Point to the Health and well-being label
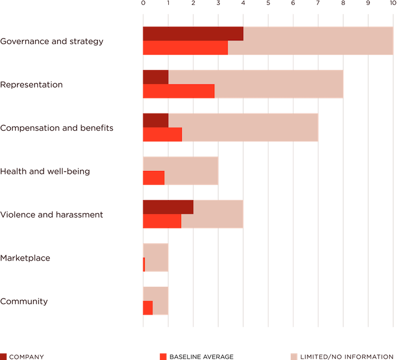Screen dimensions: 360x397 (x=45, y=171)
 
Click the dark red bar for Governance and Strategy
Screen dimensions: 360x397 (x=192, y=34)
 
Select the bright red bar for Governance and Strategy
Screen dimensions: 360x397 (x=185, y=48)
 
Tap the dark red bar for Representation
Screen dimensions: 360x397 (x=155, y=77)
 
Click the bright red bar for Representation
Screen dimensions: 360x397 (x=178, y=91)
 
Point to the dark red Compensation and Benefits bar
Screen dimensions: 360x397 (x=155, y=120)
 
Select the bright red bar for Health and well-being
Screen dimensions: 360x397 (x=153, y=178)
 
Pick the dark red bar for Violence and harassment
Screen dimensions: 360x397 (x=167, y=207)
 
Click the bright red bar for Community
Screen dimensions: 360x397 (x=147, y=308)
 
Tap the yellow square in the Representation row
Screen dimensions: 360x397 (x=355, y=84)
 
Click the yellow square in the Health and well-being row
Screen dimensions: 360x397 (x=230, y=171)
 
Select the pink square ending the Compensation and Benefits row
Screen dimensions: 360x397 (x=330, y=127)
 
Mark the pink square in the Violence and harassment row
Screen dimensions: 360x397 (x=256, y=214)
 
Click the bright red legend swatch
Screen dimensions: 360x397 (x=163, y=356)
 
